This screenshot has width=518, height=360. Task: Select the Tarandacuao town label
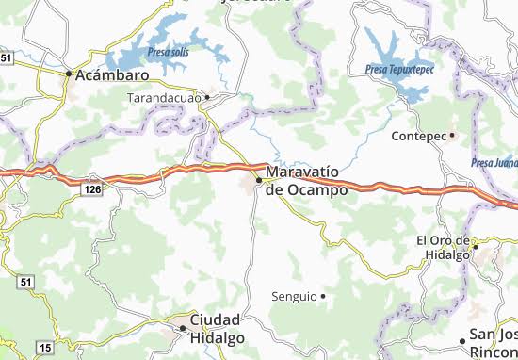pos(167,96)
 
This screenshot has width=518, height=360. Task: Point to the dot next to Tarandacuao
pos(208,96)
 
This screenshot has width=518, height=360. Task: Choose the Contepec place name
pos(419,136)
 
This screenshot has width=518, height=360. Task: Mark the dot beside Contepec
pos(452,136)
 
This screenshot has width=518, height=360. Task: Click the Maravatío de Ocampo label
pos(306,181)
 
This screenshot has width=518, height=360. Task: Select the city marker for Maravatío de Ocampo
pos(258,179)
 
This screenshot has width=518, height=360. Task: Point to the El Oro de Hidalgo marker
pos(477,247)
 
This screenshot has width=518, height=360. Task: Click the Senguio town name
pos(294,296)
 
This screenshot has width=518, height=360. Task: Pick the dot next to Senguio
pos(322,296)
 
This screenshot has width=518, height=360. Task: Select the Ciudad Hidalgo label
pos(216,328)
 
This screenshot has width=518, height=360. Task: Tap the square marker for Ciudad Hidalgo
pos(183,327)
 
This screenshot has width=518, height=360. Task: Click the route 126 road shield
pos(91,190)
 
